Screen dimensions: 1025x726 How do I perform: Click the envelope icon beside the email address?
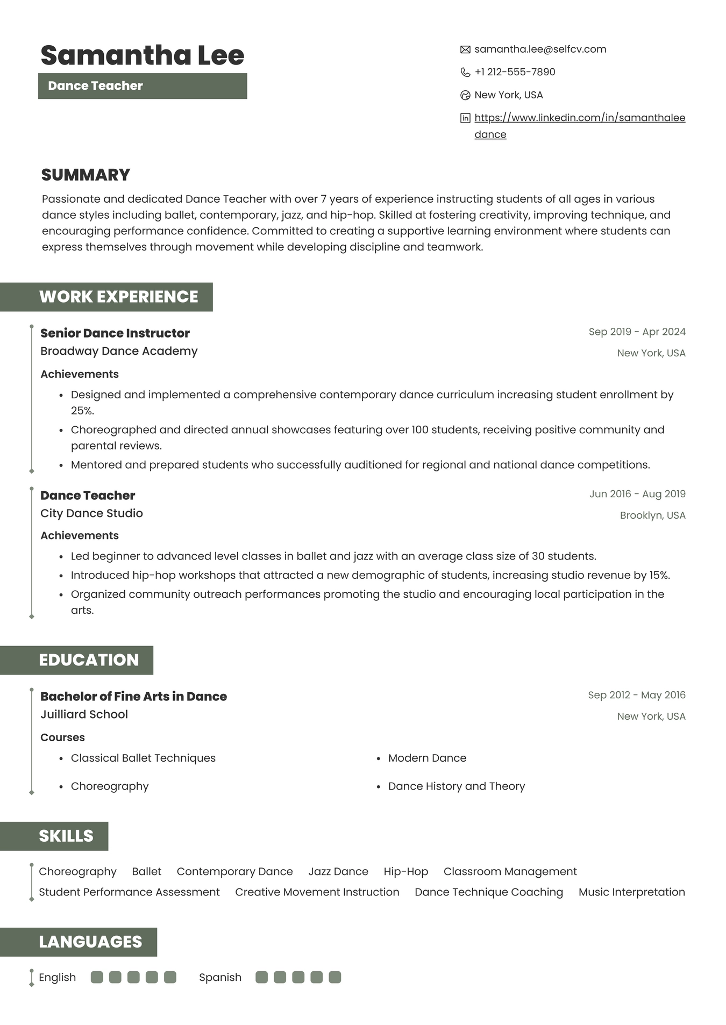point(465,49)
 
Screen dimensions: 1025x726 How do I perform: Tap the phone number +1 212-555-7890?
point(515,72)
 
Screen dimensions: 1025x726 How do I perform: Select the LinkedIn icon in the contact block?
point(465,118)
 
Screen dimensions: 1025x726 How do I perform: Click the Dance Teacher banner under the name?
point(143,86)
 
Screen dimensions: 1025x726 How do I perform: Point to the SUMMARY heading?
point(86,175)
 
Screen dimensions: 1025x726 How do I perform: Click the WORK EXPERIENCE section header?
point(118,297)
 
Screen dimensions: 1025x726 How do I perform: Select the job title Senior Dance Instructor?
point(115,333)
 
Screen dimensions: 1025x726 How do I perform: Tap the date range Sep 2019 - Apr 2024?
point(637,332)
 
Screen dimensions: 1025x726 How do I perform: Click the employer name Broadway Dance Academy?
point(119,351)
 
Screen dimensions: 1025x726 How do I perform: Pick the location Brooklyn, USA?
point(652,515)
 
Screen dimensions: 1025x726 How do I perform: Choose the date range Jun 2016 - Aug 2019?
point(637,494)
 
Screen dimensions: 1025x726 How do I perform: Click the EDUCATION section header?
point(89,660)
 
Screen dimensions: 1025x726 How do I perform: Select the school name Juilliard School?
point(84,714)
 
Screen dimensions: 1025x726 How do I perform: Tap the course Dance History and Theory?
point(456,786)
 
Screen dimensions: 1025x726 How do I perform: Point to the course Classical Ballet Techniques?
point(143,758)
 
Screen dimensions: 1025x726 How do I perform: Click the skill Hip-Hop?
point(405,871)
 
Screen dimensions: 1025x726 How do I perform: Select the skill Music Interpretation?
point(631,892)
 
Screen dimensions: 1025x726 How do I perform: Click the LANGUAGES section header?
point(90,942)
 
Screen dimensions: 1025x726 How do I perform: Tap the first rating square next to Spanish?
point(262,977)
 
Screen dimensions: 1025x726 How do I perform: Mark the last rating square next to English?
point(170,977)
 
